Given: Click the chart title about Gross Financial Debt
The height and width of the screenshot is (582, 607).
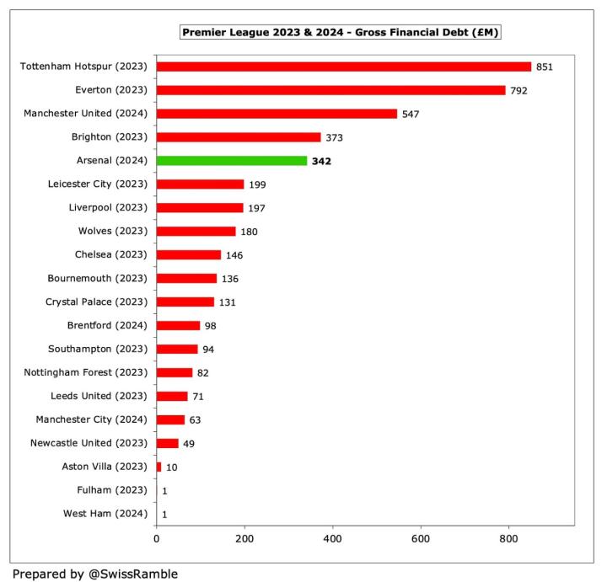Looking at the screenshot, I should (x=341, y=33).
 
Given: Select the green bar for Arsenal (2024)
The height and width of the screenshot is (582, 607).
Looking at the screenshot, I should (x=232, y=160).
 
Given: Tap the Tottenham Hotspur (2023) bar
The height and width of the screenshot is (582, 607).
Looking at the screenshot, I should (x=344, y=67).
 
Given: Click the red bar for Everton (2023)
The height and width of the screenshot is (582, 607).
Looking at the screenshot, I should (x=330, y=90).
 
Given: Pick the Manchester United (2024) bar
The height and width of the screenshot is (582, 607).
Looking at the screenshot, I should (x=277, y=114).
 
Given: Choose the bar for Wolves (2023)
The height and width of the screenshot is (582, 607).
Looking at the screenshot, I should (x=196, y=231).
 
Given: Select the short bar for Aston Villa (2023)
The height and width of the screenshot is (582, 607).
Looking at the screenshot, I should (x=158, y=467).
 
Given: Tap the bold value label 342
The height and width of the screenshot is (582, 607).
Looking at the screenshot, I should (x=321, y=161).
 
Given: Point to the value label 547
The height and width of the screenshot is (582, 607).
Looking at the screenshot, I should (x=411, y=114).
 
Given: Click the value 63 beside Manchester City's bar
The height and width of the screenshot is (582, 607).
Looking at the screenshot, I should (x=196, y=419).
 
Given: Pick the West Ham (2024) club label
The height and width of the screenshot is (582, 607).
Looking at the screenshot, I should (x=106, y=513).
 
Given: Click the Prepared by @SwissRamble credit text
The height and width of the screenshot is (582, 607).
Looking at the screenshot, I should (x=94, y=574).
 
